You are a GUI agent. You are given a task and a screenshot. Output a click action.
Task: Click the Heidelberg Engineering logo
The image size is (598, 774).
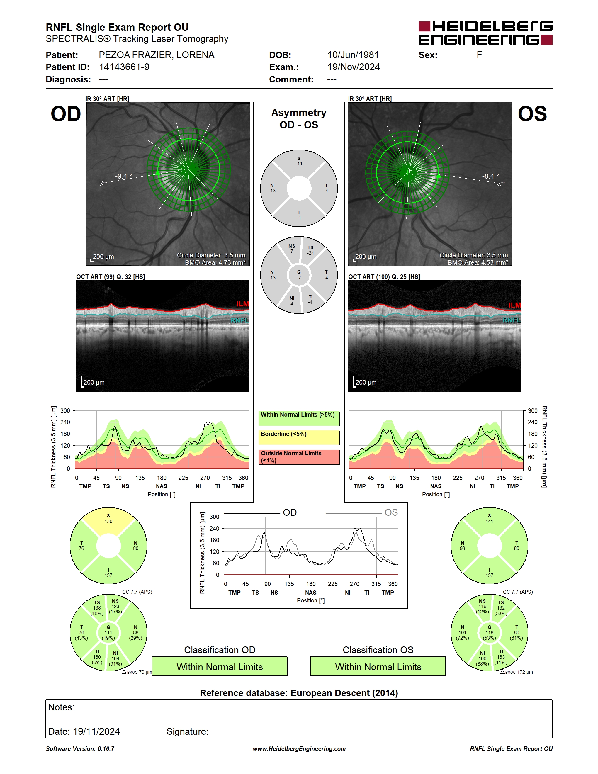tap(485, 33)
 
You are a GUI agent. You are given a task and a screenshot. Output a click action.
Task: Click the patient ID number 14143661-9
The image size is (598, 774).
tap(124, 67)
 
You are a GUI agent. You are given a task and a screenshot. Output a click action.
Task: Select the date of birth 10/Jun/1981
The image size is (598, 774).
tap(353, 55)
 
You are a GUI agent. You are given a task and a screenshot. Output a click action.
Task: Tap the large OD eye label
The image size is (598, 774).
tap(66, 114)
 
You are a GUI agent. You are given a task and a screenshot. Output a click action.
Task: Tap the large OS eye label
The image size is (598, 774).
tap(532, 114)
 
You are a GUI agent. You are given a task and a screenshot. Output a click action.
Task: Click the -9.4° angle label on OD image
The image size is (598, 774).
tap(123, 176)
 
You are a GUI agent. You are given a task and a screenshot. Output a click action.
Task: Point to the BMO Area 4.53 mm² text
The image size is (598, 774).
tap(478, 263)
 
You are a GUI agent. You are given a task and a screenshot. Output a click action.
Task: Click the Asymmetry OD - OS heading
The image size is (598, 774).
tap(299, 119)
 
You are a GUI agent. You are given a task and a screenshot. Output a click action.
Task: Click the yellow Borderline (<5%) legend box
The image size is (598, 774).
tap(299, 438)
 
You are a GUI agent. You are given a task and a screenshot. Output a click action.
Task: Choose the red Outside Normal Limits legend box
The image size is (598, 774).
tap(299, 457)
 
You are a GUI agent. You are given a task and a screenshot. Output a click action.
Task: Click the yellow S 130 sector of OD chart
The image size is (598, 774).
tap(108, 520)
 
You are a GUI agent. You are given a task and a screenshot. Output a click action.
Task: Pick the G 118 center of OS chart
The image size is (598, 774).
tap(489, 633)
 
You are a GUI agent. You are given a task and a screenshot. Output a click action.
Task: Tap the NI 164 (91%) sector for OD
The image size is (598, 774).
tap(115, 658)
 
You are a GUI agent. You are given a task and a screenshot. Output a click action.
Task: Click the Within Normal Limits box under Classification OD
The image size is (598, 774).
tap(220, 667)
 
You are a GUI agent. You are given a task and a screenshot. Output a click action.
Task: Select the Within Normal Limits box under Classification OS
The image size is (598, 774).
tap(378, 667)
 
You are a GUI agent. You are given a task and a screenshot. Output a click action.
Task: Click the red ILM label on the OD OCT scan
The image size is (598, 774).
tap(243, 304)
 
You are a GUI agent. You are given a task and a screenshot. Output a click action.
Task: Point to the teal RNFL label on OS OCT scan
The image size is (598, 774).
tap(512, 320)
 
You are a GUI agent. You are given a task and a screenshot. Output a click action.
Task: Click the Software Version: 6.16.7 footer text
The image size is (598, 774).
tap(80, 749)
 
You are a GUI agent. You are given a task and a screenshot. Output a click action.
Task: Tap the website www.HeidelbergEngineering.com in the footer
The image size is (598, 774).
tap(299, 749)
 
